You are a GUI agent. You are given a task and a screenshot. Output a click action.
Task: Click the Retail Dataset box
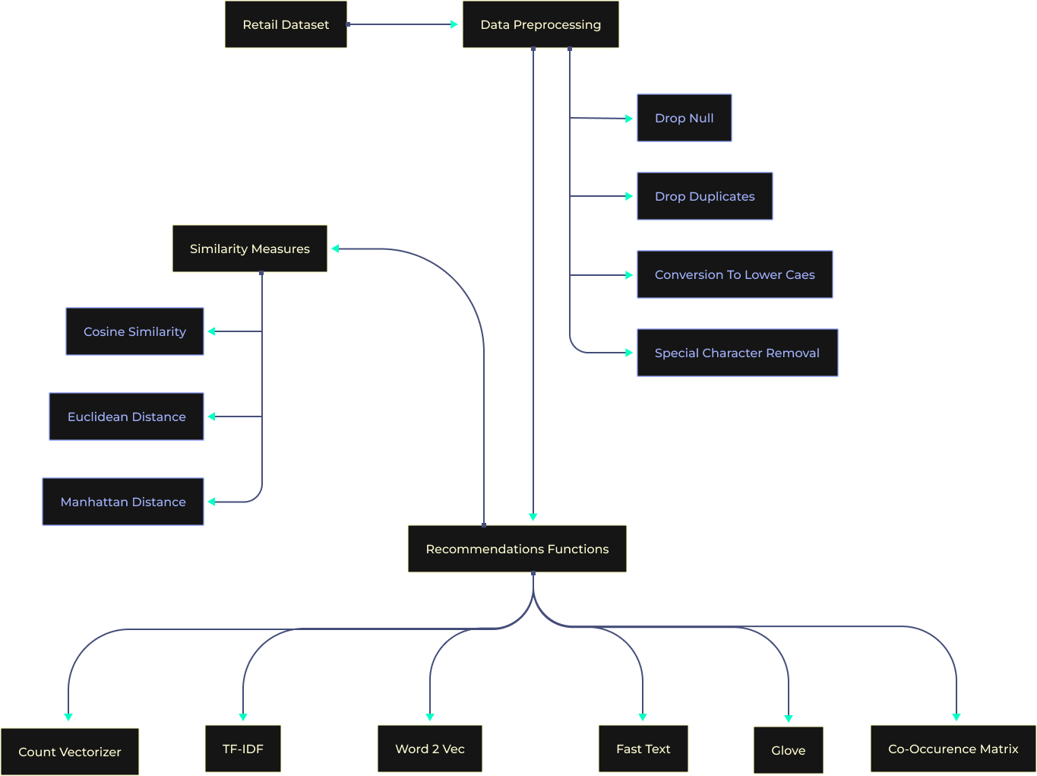[x=286, y=24]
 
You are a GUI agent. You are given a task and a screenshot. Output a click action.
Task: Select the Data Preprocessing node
[x=540, y=24]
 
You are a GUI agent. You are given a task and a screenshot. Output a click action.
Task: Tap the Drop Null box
[x=684, y=118]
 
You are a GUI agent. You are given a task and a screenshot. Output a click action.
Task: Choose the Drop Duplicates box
[x=704, y=196]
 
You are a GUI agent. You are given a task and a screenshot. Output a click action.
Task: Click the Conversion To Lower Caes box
[x=735, y=274]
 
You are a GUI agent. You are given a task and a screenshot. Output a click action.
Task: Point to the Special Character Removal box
[x=737, y=353]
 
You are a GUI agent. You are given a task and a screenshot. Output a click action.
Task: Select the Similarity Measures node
[x=249, y=249]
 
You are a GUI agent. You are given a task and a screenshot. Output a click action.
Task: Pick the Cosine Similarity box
[x=134, y=331]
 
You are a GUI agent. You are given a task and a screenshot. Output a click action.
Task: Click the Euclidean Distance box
[x=126, y=417]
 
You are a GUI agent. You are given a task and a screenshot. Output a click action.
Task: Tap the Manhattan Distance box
[x=123, y=502]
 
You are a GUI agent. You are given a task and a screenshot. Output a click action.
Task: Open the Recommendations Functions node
[x=517, y=549]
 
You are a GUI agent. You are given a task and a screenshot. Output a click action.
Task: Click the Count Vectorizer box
[x=69, y=752]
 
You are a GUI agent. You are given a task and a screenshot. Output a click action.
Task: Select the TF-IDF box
[x=243, y=749]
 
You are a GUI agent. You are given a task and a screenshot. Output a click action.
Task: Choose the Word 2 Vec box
[x=429, y=749]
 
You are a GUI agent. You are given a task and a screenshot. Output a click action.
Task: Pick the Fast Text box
[x=643, y=749]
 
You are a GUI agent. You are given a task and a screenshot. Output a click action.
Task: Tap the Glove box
[x=788, y=750]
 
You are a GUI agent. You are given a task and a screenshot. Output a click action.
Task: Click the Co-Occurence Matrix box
[x=953, y=749]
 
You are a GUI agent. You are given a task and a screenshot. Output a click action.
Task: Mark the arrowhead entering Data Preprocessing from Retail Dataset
[x=454, y=24]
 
